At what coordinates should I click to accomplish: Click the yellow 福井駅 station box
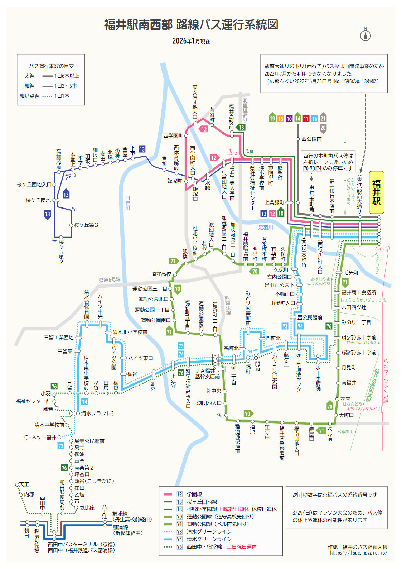[376, 192]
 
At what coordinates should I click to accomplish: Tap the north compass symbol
[365, 35]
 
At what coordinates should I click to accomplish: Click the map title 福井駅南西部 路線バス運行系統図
[191, 25]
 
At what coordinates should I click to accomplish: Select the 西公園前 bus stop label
[311, 139]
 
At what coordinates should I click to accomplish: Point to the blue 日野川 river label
[128, 203]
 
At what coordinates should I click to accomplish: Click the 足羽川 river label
[265, 228]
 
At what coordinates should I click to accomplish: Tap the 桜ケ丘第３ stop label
[86, 225]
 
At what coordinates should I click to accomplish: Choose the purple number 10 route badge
[289, 119]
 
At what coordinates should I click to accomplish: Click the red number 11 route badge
[306, 119]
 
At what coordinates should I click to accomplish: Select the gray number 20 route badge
[323, 128]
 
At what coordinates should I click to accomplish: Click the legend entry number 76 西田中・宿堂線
[204, 547]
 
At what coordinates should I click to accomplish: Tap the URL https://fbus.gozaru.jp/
[358, 553]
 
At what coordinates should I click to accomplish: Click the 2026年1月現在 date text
[191, 41]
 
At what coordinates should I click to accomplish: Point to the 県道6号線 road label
[110, 279]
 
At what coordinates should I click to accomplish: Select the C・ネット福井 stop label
[40, 437]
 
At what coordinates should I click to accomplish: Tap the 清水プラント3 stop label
[97, 413]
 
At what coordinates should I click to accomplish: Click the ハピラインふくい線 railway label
[386, 381]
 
